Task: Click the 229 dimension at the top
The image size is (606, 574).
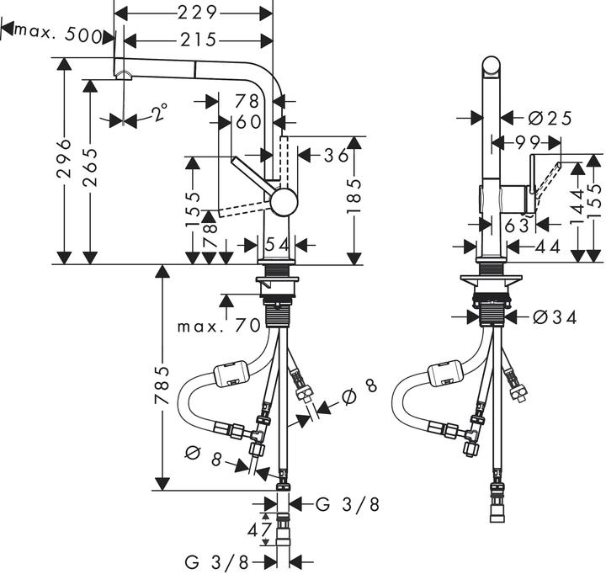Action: pyautogui.click(x=199, y=13)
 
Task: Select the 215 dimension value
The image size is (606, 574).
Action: pyautogui.click(x=199, y=40)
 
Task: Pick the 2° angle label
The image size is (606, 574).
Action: pyautogui.click(x=157, y=110)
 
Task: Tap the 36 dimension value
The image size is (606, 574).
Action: pyautogui.click(x=336, y=156)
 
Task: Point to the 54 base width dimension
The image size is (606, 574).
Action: pyautogui.click(x=276, y=244)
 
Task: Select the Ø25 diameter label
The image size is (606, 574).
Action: pyautogui.click(x=545, y=118)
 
